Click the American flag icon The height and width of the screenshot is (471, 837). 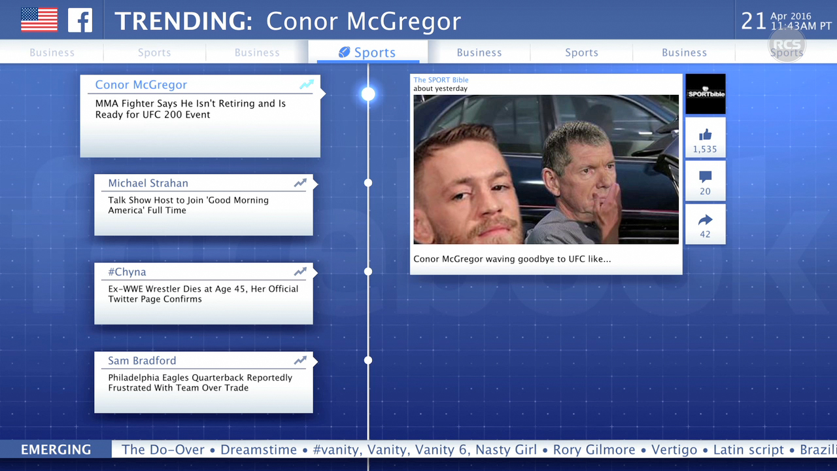coord(39,20)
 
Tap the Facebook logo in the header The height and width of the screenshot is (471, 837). coord(80,20)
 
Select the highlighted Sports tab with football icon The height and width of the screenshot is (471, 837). coord(367,52)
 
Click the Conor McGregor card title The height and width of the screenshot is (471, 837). coord(141,85)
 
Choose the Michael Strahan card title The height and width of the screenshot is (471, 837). coord(148,183)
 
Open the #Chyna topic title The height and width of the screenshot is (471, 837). coord(127,271)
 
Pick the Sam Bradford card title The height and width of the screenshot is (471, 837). coord(142,360)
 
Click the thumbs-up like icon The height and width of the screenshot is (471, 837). coord(705,135)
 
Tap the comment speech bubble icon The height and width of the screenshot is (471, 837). coord(705,177)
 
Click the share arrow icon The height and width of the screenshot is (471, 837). coord(705,220)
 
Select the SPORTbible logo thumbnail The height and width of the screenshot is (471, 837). coord(706,94)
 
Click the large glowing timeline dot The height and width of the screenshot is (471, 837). coord(368,94)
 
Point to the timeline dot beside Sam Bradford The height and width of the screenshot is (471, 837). coord(368,360)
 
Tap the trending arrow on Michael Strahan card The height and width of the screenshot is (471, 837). coord(300,183)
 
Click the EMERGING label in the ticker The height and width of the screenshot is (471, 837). coord(56,449)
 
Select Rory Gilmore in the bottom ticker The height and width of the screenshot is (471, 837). coord(594,449)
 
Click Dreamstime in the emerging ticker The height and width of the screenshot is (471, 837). coord(258,449)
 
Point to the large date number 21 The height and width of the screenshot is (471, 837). coord(753,22)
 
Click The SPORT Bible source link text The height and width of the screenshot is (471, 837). coord(441,80)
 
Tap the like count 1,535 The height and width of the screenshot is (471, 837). coord(705,150)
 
